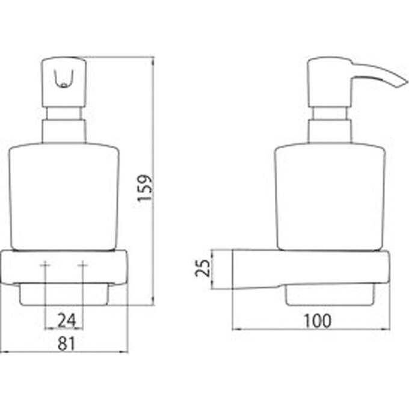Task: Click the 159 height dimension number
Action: click(144, 188)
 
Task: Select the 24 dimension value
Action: click(67, 321)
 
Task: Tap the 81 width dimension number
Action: click(66, 343)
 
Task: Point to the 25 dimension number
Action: click(203, 268)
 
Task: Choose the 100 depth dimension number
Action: click(318, 321)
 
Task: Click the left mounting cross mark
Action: click(45, 265)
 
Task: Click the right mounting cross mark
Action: click(83, 265)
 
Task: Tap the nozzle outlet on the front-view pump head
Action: click(64, 79)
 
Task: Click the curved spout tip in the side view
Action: click(404, 83)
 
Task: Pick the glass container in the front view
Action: click(64, 197)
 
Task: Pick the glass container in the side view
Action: click(331, 197)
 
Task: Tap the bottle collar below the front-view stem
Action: click(64, 131)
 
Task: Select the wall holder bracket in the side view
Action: click(311, 269)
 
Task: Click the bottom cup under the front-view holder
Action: click(63, 295)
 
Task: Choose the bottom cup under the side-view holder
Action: click(330, 295)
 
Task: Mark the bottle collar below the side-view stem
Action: click(330, 131)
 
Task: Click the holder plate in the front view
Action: click(64, 268)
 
